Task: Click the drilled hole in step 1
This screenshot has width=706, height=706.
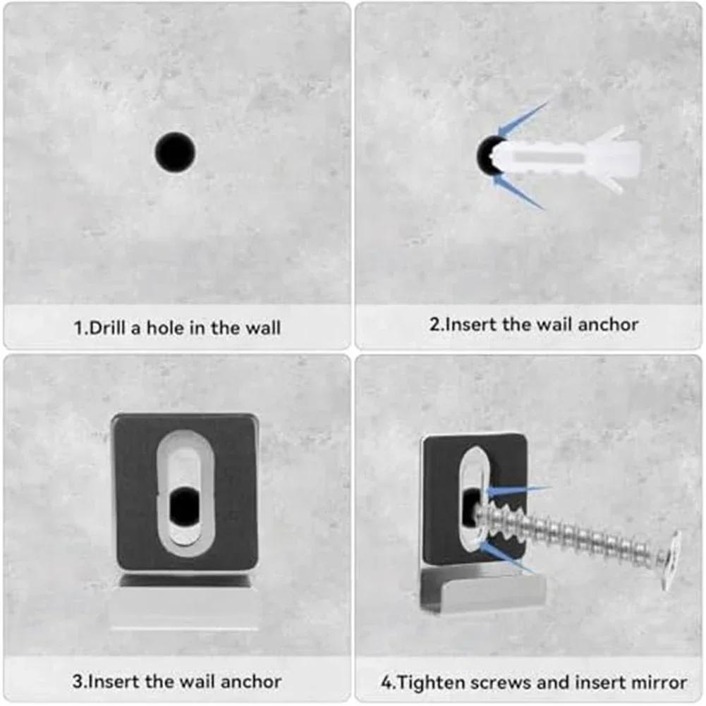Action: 175,151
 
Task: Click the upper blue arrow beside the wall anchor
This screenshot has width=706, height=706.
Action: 524,116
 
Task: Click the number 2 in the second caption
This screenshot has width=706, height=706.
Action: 434,324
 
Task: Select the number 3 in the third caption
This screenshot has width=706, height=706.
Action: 77,681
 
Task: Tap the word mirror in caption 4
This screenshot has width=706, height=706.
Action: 661,682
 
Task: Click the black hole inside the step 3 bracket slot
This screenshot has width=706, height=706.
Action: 185,504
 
